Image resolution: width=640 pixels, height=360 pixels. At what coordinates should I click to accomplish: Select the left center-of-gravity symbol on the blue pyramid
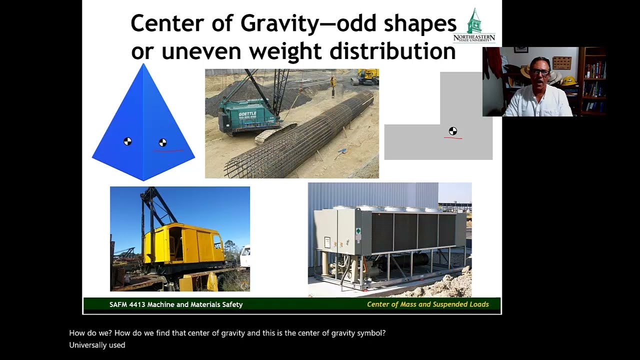[127, 141]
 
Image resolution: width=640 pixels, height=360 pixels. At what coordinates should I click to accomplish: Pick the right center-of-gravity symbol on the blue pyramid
[162, 142]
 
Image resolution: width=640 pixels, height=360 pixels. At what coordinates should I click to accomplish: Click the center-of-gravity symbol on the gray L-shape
[452, 131]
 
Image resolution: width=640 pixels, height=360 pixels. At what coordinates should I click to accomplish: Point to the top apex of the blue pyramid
[143, 65]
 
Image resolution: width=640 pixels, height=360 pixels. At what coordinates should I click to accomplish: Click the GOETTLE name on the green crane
[247, 114]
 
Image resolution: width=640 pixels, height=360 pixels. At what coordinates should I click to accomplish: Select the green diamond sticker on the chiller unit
[358, 231]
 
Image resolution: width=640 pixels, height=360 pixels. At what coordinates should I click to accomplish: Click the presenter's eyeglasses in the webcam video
[540, 72]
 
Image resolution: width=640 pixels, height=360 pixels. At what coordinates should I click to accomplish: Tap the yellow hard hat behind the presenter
[568, 80]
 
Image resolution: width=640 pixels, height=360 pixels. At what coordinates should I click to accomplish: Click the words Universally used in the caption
[97, 345]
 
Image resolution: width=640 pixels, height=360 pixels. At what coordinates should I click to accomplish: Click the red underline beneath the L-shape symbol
[452, 138]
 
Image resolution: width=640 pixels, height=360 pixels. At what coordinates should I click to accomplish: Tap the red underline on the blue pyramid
[168, 150]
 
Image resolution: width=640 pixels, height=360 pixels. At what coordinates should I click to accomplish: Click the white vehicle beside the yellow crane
[245, 256]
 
